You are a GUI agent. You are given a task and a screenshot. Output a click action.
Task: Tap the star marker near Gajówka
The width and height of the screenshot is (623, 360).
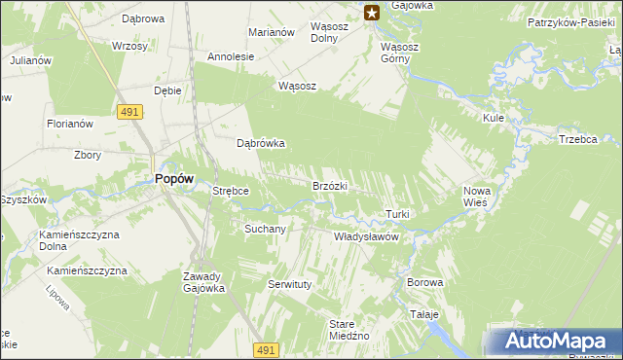point(372,12)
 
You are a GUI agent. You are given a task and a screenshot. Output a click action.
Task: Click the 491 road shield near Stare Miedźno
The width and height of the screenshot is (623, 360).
point(267,349)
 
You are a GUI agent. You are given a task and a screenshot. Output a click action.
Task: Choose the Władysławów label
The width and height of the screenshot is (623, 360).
point(367,236)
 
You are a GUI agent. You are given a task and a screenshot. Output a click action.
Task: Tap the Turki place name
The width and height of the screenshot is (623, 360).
point(397,214)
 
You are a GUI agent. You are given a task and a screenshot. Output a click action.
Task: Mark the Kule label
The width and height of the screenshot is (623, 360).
point(493,118)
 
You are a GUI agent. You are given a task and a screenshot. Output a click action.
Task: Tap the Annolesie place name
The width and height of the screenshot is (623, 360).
point(231,56)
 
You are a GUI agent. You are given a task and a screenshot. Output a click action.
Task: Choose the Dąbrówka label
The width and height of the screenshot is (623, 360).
point(261,143)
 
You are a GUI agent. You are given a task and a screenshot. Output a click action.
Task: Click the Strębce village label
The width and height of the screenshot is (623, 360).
point(232,192)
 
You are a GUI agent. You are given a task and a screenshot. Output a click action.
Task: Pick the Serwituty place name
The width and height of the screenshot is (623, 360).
point(288,284)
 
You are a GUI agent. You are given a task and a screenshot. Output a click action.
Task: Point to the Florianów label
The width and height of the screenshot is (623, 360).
point(70,124)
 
